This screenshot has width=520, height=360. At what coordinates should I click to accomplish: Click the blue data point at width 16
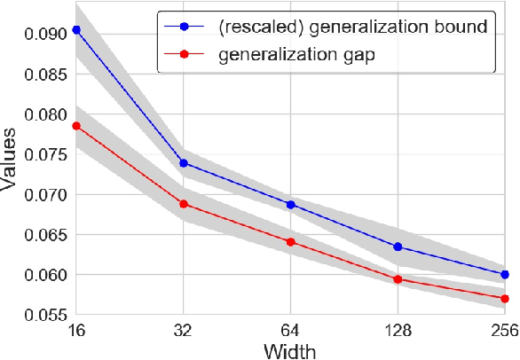pos(76,29)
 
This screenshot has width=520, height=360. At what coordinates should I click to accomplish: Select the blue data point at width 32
pos(184,162)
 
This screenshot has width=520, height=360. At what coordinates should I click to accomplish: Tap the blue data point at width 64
pos(290,204)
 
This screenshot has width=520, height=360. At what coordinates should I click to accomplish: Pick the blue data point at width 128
pos(398,247)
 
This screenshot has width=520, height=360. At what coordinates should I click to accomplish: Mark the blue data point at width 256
pos(505,274)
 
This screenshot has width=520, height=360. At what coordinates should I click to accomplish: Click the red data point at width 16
pos(76,126)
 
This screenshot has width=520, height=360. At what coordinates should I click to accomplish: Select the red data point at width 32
pos(184,204)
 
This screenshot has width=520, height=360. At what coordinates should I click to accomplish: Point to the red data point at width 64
pos(290,242)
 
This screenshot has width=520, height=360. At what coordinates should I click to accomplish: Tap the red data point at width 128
pos(398,279)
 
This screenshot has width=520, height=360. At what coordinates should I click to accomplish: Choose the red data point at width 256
pos(505,298)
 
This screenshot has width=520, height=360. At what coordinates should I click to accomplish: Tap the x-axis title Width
pos(290,348)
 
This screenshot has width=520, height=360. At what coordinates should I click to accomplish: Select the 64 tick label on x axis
pos(290,330)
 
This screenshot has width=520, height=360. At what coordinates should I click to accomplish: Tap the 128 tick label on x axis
pos(398,330)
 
